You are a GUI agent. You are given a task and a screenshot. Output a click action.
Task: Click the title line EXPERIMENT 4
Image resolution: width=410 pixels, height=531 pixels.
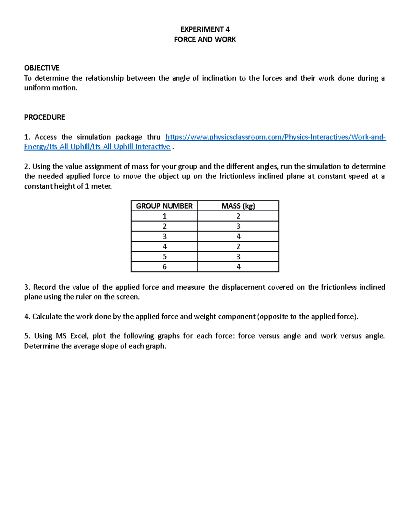[205, 29]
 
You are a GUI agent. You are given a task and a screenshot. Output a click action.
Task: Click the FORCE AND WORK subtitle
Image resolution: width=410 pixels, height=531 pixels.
[205, 39]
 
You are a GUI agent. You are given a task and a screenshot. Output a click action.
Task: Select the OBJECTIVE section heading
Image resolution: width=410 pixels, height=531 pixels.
[42, 68]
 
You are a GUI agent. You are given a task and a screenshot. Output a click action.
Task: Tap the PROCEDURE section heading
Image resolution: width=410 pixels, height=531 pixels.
[44, 117]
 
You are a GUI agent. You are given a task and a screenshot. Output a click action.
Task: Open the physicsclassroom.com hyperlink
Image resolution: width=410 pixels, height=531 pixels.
[275, 137]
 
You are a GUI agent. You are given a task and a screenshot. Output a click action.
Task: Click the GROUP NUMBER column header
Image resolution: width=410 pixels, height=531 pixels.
[164, 206]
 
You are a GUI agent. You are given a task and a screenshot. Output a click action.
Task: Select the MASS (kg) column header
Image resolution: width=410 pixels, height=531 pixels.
[238, 206]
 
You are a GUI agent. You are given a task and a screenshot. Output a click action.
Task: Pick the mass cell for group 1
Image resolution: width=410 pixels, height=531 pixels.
[238, 216]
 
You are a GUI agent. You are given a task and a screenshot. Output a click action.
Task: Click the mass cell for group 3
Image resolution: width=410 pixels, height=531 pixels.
[238, 236]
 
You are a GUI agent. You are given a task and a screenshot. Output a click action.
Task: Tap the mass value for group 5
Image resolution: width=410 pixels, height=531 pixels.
[238, 256]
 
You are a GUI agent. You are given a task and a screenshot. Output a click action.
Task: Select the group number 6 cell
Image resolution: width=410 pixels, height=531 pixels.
[164, 267]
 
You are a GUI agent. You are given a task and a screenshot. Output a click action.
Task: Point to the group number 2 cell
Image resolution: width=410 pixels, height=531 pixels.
[164, 226]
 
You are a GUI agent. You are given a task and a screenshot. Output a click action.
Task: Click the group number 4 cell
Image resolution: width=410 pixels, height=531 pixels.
[164, 247]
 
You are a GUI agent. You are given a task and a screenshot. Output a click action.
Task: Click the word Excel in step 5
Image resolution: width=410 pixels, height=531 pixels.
[79, 336]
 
